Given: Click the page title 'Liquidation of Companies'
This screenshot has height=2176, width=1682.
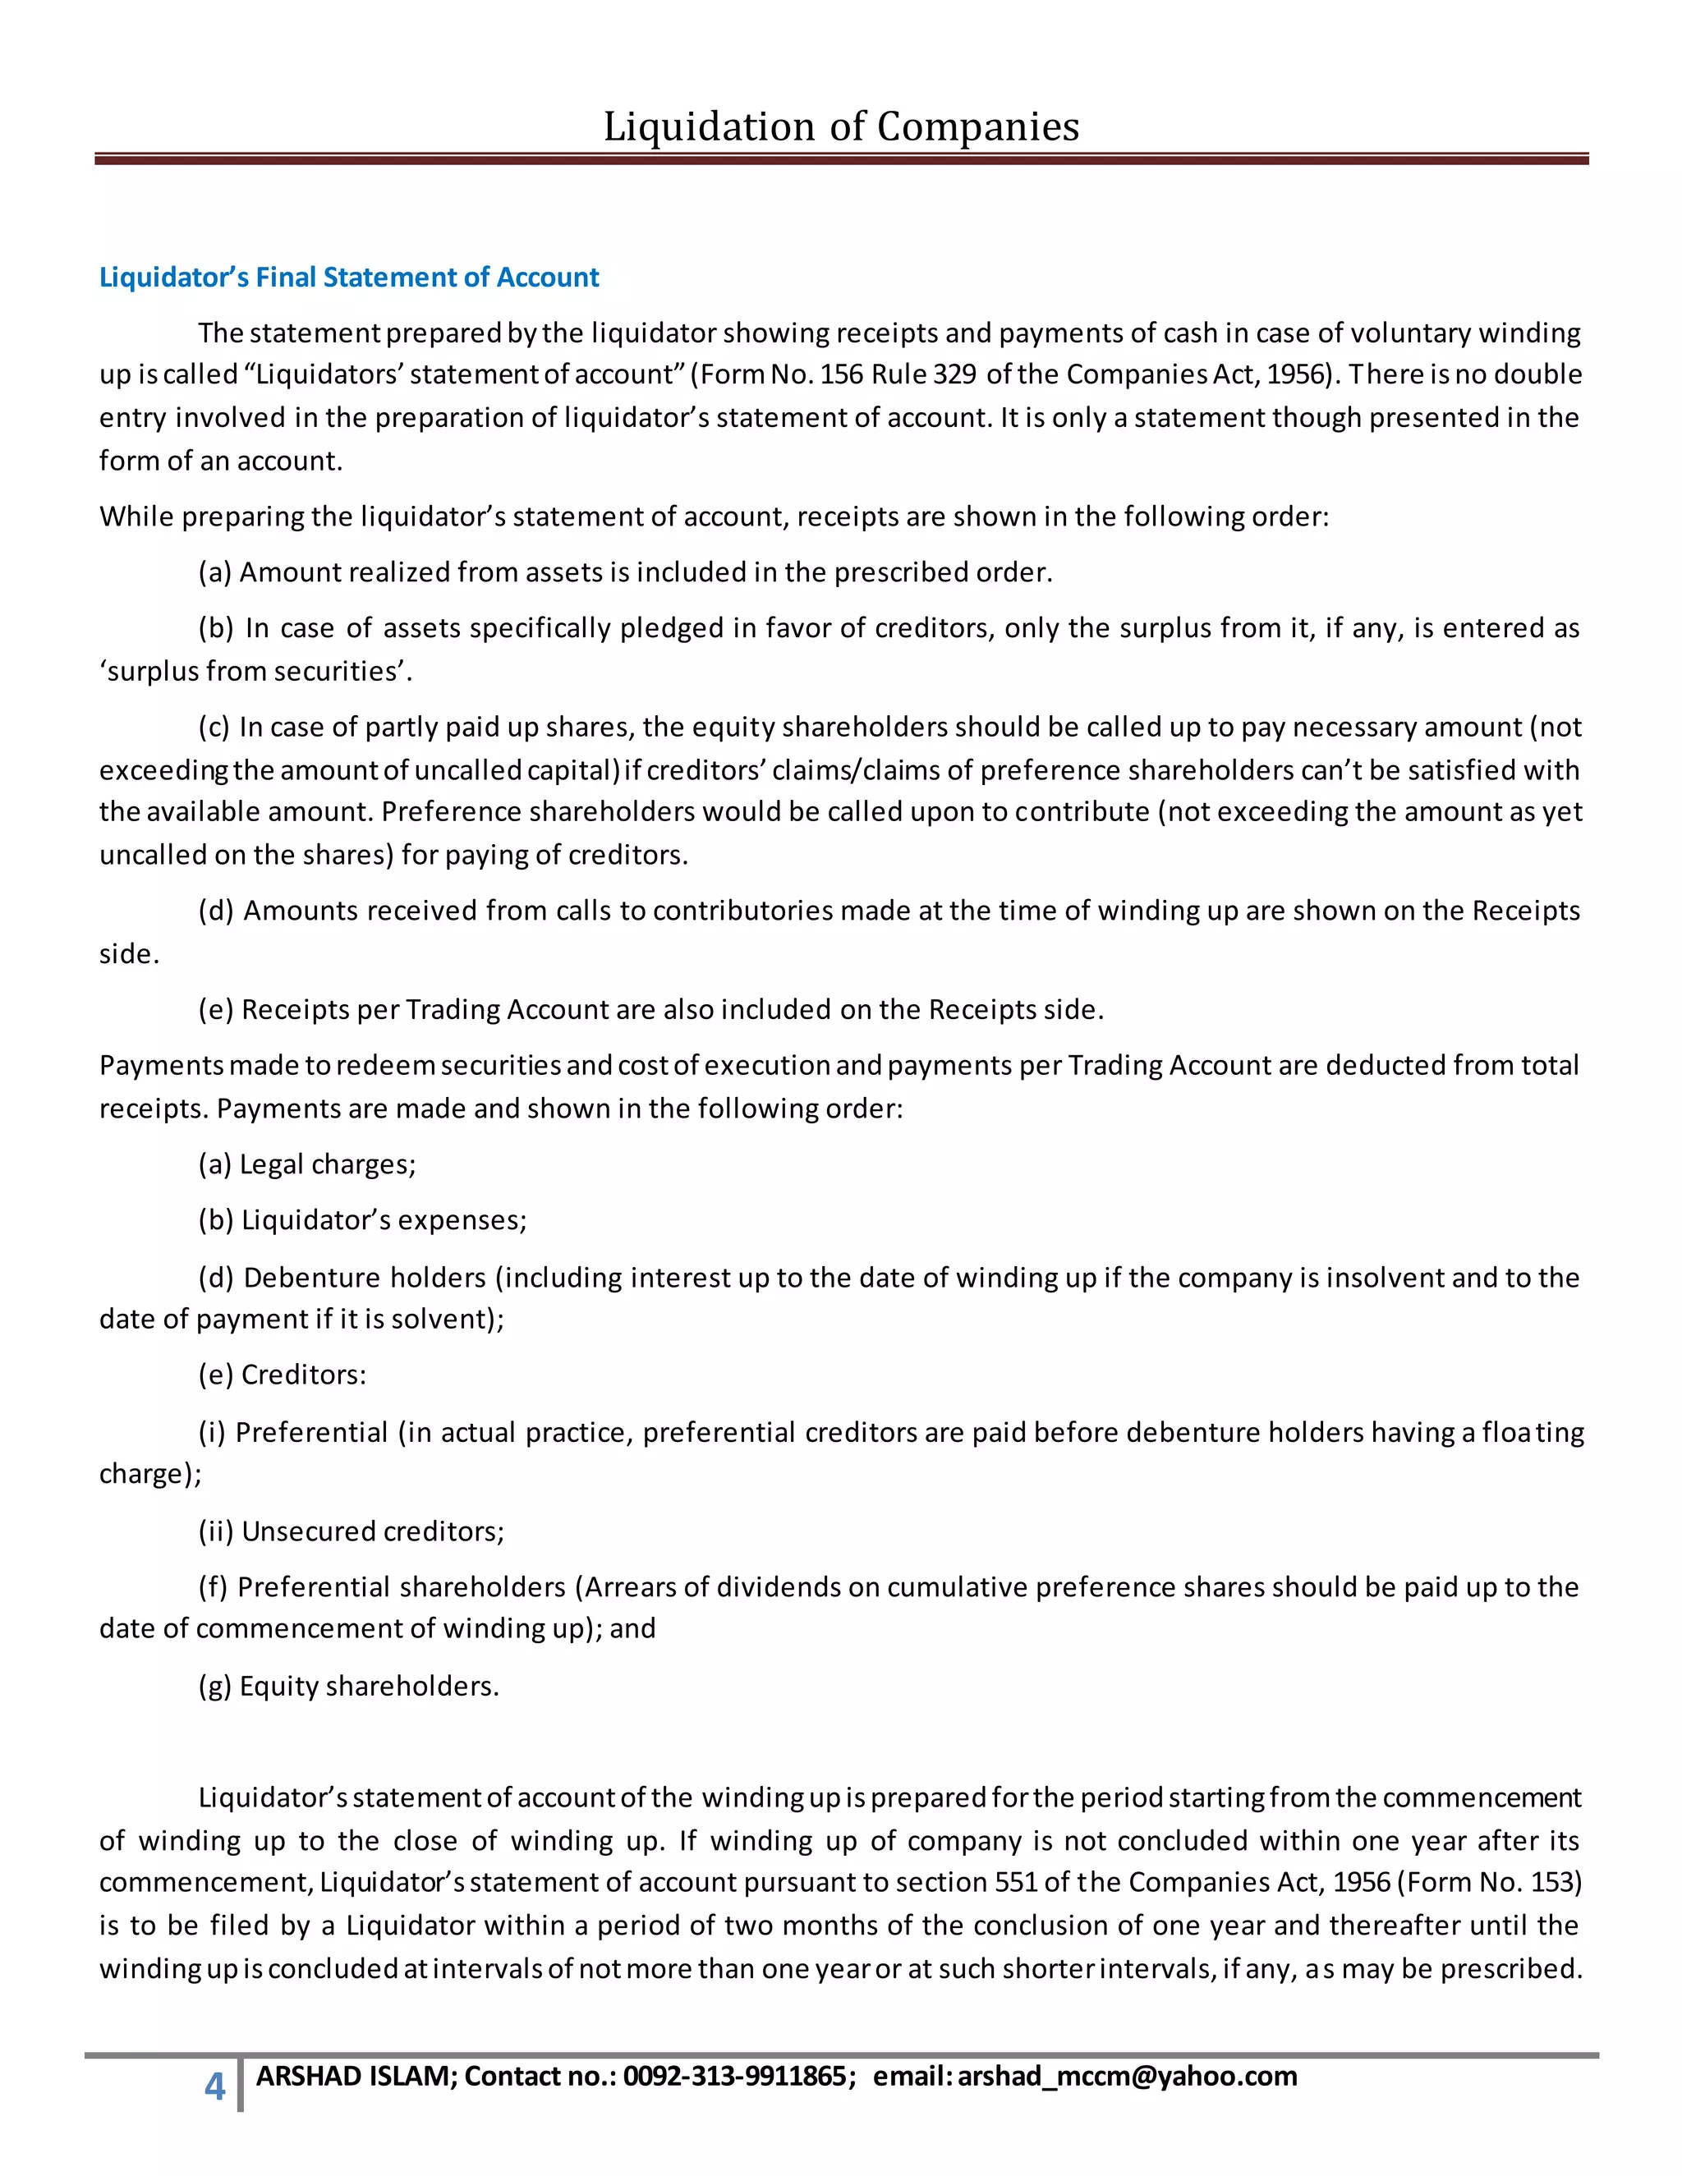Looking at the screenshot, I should [x=841, y=126].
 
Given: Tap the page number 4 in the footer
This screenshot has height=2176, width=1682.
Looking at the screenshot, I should [x=214, y=2086].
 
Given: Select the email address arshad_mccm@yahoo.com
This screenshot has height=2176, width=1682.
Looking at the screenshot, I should [x=1127, y=2077].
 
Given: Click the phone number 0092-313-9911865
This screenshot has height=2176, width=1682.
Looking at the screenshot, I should [x=734, y=2077].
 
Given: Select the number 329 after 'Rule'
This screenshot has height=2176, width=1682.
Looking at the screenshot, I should [x=954, y=374].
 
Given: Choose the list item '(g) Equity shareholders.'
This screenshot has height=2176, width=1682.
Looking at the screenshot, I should [x=349, y=1687].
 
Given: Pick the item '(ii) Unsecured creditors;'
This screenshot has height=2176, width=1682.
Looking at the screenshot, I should [x=352, y=1531].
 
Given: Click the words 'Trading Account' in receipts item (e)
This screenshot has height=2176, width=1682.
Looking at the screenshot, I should [x=508, y=1010].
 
